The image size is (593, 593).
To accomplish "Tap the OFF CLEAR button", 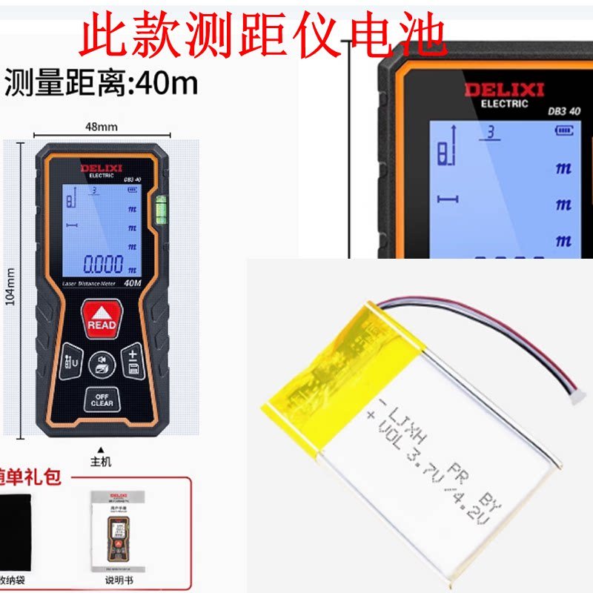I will tap(102, 399).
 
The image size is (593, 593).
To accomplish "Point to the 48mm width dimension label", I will tap(102, 126).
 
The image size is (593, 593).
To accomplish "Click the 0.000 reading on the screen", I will tap(103, 265).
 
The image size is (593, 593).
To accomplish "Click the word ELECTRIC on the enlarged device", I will tap(504, 104).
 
